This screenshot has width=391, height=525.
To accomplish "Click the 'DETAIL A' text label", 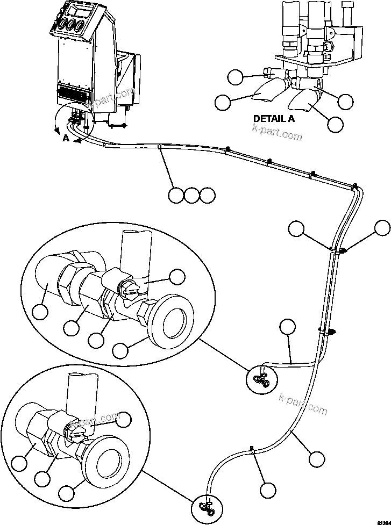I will click(x=274, y=119).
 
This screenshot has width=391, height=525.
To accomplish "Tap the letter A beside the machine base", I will click(x=66, y=138).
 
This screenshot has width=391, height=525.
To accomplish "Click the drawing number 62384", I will click(x=381, y=521).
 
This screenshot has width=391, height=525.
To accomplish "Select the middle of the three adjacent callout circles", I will click(x=191, y=196).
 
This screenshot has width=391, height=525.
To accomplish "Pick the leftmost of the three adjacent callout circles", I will click(x=176, y=196).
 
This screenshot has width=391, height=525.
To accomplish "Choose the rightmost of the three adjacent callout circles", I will click(x=207, y=196).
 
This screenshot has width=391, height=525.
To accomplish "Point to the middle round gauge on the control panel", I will click(x=69, y=26).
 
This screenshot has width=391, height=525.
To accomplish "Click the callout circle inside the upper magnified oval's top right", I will click(x=176, y=277).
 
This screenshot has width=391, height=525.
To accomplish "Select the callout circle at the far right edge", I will click(x=382, y=228).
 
